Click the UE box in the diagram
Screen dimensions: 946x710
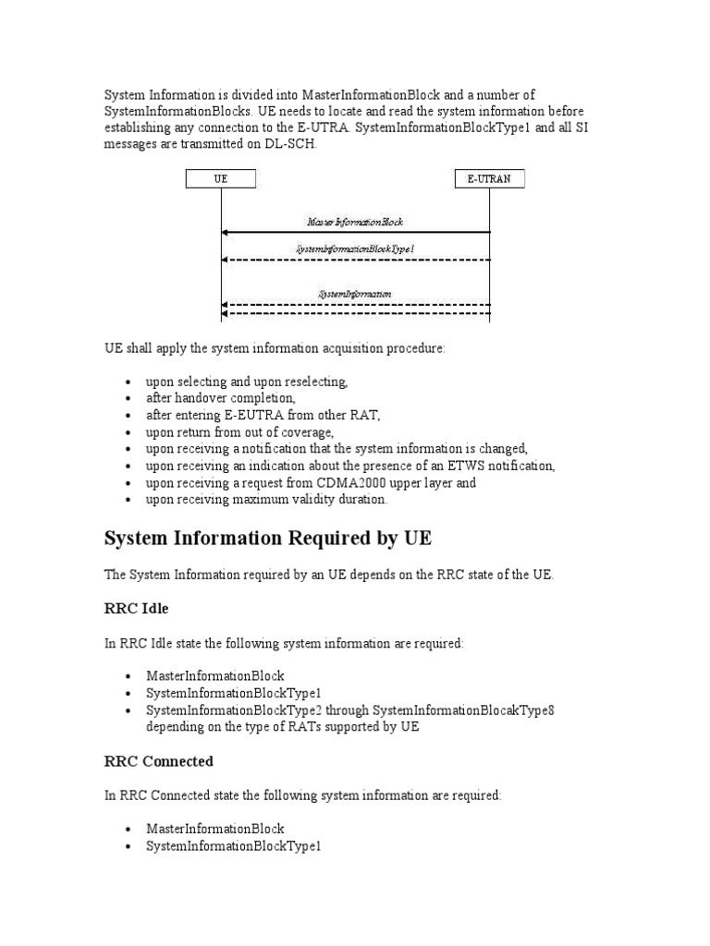pos(221,180)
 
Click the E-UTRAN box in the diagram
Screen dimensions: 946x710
pos(490,180)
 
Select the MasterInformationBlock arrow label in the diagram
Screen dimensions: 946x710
pos(355,223)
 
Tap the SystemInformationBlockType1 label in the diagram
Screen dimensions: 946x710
pos(355,249)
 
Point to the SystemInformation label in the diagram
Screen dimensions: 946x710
pos(355,294)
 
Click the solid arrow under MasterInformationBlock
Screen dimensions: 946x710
pos(355,233)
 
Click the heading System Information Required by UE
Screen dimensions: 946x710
pos(267,539)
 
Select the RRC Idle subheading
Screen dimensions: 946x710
pos(136,609)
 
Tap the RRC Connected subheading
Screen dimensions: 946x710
pos(158,761)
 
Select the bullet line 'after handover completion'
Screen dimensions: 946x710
pos(221,398)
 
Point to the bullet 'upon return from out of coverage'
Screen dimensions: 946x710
pos(239,431)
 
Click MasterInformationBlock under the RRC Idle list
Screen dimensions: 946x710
pos(214,676)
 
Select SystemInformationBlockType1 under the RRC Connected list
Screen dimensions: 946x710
pos(233,845)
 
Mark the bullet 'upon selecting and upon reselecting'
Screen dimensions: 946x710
pos(247,382)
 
